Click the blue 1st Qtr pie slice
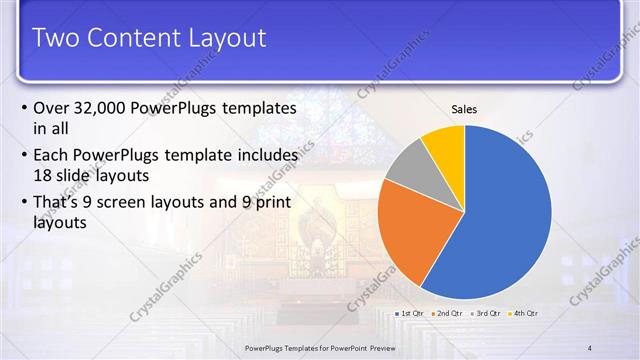coord(505,215)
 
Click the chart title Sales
coord(465,108)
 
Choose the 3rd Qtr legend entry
coord(487,313)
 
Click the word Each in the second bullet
coord(53,156)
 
